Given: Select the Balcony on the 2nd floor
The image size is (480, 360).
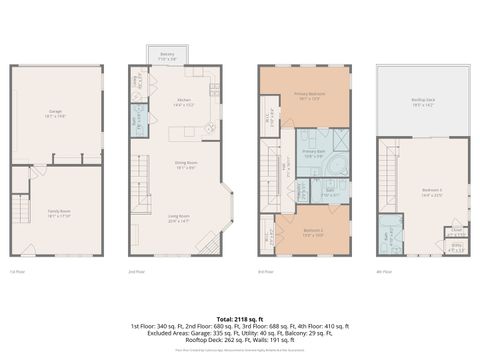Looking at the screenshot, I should (x=166, y=58).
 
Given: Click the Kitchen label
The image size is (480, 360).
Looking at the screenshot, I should (x=184, y=101).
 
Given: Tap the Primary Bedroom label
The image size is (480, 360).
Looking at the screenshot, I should (x=307, y=96).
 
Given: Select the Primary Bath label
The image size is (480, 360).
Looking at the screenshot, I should (x=315, y=153).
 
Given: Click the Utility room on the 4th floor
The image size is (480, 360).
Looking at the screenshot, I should (x=456, y=246).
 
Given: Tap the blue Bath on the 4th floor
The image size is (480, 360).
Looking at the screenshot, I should (x=390, y=238).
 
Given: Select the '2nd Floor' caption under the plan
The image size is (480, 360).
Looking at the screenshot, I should (x=138, y=271).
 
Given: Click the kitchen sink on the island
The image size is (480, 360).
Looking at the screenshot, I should (x=208, y=129).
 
